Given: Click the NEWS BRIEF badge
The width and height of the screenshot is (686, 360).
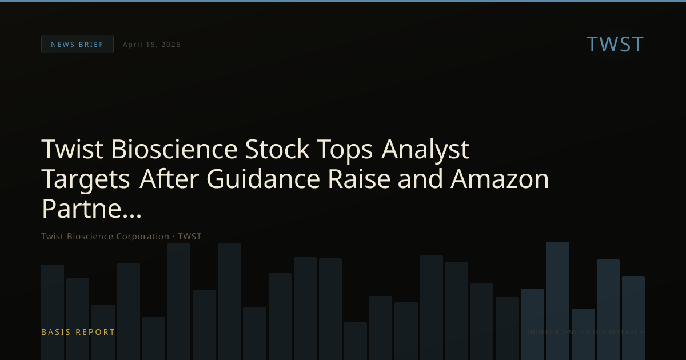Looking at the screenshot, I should [77, 44].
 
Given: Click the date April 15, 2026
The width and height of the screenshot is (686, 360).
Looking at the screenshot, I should [151, 45].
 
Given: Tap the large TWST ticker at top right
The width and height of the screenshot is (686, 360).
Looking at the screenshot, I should [615, 44].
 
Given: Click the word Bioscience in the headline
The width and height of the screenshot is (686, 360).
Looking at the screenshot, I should [174, 150].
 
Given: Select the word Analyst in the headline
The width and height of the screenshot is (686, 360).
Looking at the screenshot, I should [425, 150].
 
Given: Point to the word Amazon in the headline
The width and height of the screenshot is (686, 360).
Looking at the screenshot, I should [500, 179].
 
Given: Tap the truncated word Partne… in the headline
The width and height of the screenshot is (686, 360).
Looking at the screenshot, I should [91, 209].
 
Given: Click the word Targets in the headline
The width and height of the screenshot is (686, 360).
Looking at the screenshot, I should [86, 179].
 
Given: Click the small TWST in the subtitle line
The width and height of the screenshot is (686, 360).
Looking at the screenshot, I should [189, 237].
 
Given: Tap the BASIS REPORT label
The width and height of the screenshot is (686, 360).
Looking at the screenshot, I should [78, 332].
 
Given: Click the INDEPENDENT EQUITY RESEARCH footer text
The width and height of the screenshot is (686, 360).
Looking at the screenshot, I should [585, 332].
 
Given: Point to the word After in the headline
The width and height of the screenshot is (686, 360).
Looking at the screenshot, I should [169, 179].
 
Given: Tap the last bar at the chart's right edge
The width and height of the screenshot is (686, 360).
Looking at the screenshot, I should [633, 317].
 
